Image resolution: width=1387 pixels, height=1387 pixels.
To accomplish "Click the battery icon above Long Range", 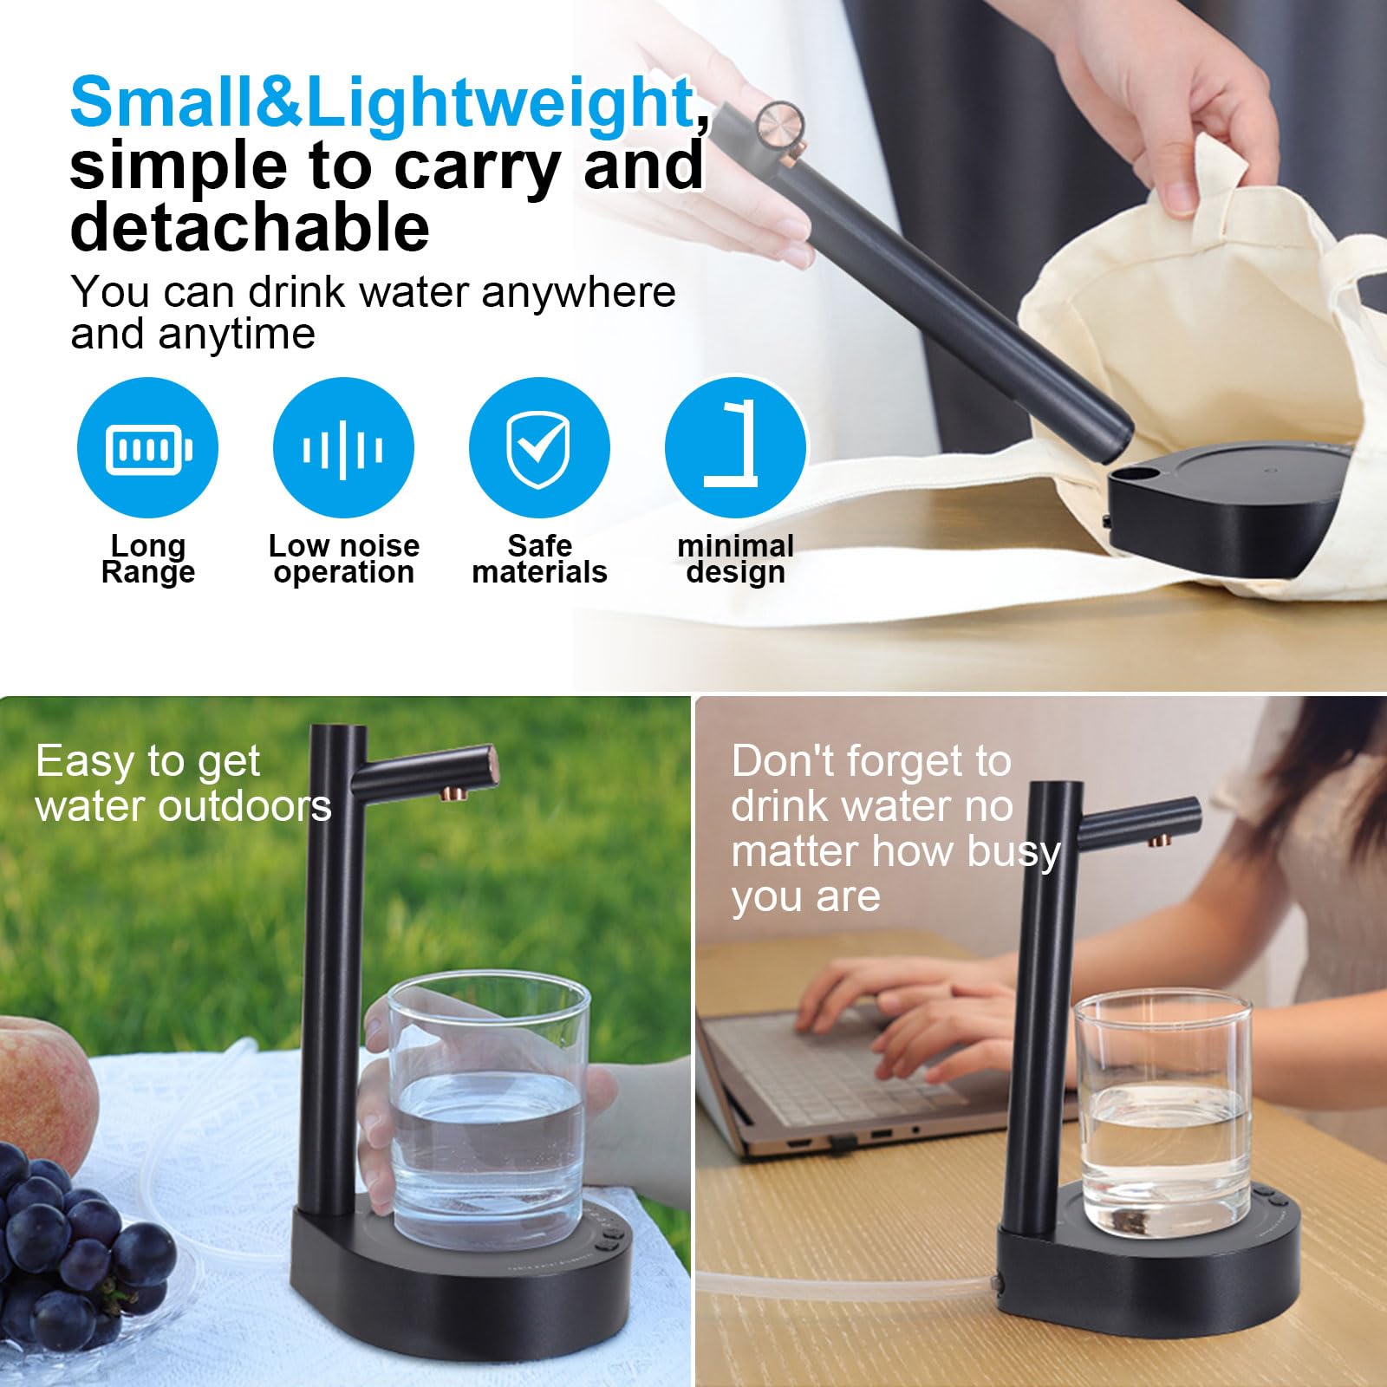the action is coord(148,449).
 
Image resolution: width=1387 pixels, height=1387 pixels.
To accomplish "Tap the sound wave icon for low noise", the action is coord(343,449).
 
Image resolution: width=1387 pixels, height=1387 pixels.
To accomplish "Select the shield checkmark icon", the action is coord(539,449).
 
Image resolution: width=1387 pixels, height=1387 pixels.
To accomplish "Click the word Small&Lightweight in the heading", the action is coord(381,103).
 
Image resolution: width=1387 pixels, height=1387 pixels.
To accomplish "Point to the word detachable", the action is coord(250,226).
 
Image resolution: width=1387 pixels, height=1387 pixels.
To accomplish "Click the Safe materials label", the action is coord(539,559).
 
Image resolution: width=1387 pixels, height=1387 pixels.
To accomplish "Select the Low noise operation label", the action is coord(344,559).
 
